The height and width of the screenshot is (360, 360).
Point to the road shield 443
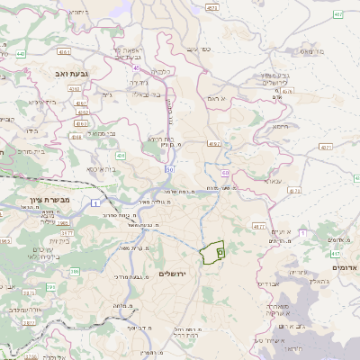click(19, 54)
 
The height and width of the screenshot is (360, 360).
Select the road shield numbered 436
click(121, 155)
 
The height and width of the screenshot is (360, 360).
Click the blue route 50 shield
click(168, 169)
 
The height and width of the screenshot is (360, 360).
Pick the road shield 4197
click(213, 143)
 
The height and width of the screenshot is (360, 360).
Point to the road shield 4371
click(325, 146)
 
